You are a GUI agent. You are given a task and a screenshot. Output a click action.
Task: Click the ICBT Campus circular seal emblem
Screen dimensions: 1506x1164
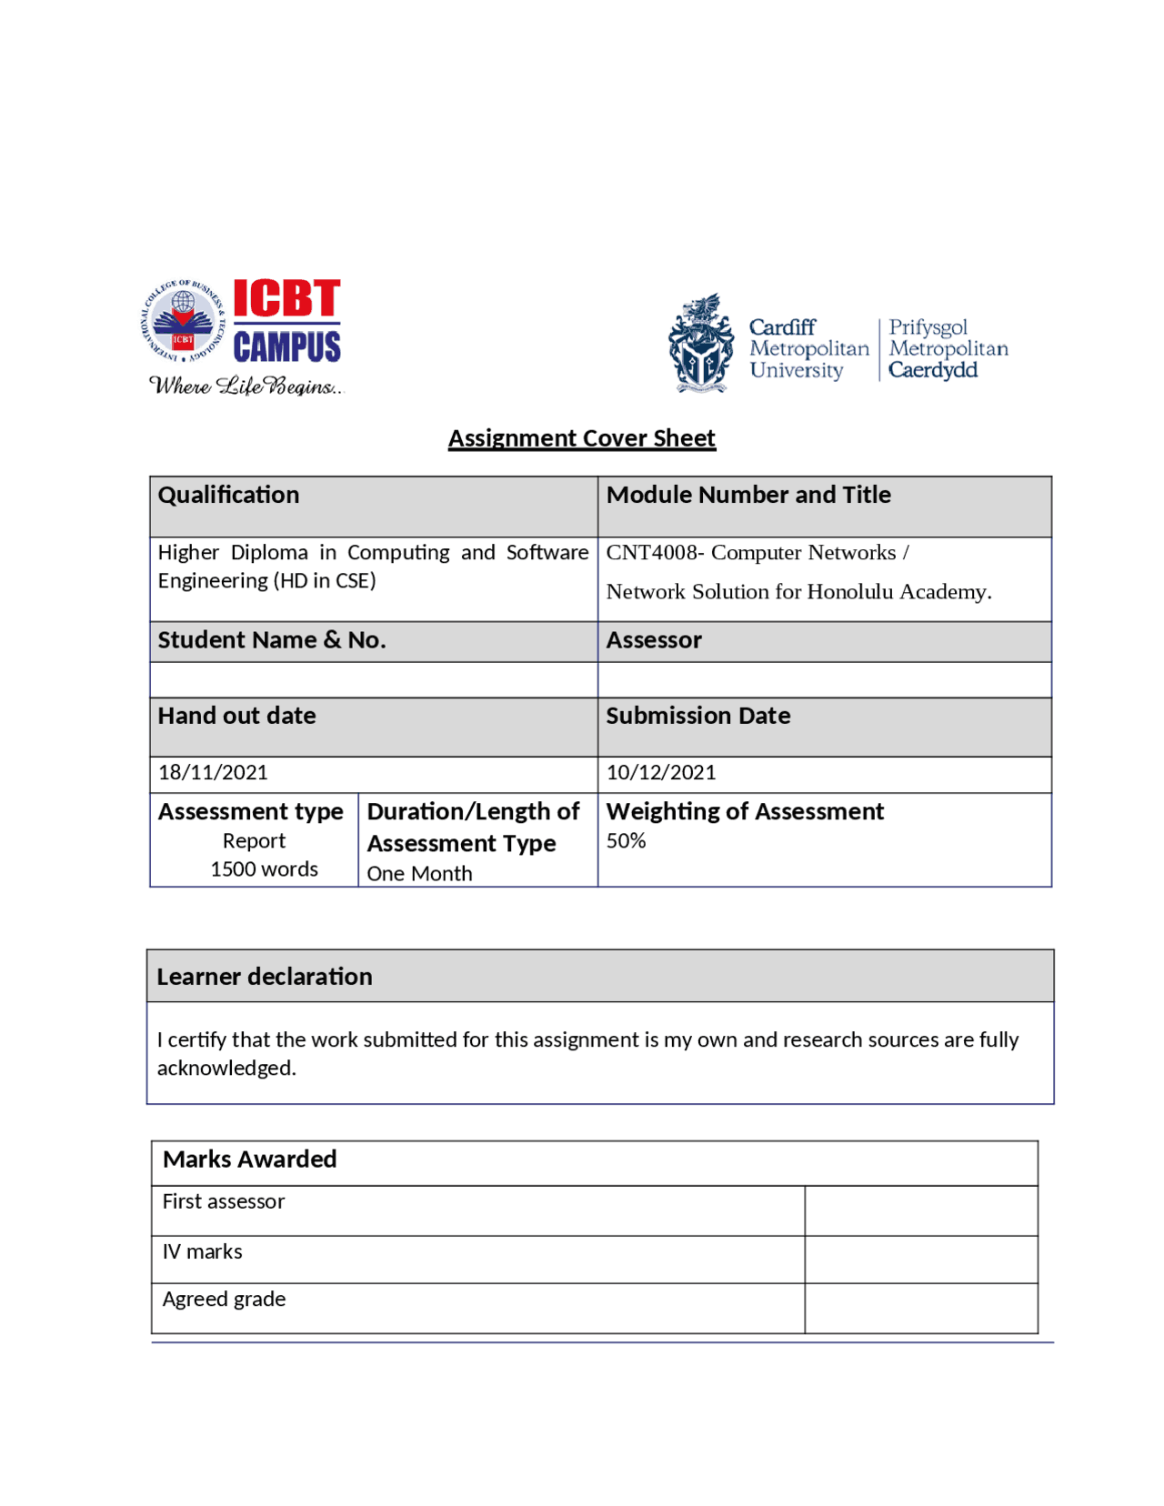click(183, 321)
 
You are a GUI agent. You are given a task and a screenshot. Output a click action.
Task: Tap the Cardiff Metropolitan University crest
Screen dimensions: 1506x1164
click(700, 345)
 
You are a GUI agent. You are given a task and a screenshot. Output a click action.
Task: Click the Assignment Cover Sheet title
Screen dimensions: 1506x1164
click(581, 438)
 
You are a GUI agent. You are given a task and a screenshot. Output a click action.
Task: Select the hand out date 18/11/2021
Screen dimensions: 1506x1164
click(213, 773)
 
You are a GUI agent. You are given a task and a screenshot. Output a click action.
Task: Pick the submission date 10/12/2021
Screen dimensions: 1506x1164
click(661, 773)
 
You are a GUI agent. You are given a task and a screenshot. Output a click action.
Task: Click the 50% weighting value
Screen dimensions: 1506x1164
click(626, 841)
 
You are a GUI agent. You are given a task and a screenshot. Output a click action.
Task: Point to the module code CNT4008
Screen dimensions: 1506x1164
click(651, 553)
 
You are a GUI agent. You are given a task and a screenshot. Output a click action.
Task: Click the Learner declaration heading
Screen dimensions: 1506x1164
click(265, 977)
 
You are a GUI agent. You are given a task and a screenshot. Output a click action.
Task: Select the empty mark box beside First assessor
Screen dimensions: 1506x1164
click(920, 1210)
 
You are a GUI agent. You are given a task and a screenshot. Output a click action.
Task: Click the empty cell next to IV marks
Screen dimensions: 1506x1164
click(920, 1260)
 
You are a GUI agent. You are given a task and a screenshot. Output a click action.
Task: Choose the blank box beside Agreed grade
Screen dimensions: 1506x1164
click(920, 1308)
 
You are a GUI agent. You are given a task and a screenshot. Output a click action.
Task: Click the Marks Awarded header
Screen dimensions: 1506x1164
click(249, 1160)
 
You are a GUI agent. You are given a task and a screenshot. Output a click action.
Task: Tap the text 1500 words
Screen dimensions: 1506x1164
click(264, 869)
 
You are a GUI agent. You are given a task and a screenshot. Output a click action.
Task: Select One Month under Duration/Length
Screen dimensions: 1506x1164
click(419, 874)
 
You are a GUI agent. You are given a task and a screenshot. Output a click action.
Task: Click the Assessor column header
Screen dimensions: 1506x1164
click(654, 640)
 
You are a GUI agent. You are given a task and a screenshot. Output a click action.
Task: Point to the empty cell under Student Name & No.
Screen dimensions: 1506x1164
click(373, 680)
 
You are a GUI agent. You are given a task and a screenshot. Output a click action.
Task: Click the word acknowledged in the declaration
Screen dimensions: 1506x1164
click(226, 1069)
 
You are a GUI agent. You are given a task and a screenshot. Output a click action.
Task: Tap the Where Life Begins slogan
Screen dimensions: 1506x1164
click(246, 387)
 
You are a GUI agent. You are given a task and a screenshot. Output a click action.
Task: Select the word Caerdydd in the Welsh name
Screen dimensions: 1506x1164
click(932, 370)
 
